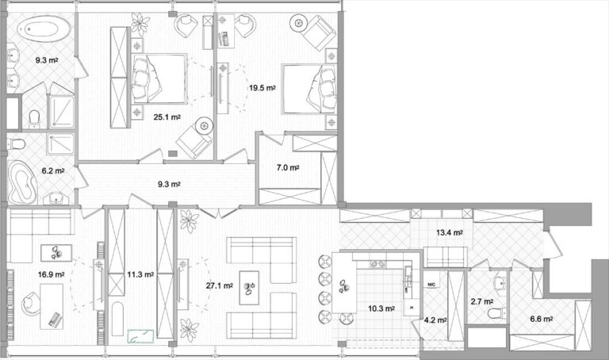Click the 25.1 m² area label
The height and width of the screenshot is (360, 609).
pos(167,117)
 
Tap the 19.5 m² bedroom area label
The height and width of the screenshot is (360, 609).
pos(262,88)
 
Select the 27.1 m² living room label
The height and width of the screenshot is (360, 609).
pos(219,285)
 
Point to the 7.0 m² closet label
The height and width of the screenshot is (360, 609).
pos(287,168)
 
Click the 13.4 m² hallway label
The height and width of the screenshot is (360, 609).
pos(450,232)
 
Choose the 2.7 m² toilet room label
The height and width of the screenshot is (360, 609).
pos(482,301)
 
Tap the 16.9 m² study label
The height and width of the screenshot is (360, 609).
pos(51,274)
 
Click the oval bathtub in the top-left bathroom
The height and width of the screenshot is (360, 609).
pos(44,29)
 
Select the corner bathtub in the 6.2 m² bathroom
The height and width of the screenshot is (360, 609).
pos(22,182)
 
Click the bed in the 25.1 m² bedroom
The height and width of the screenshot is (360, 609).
pos(159,79)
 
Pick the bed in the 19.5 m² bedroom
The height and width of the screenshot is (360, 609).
pos(308,89)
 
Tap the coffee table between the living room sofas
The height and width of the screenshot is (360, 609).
pos(249,287)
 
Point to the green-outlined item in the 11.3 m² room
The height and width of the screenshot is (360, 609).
pos(140,336)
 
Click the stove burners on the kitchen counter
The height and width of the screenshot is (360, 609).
pos(377,264)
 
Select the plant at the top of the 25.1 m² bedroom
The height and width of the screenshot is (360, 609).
pos(140,24)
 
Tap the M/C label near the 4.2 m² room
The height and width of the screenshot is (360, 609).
pos(431,285)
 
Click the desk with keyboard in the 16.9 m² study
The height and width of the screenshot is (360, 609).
pos(52,306)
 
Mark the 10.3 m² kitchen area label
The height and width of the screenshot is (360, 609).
pos(381,308)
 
